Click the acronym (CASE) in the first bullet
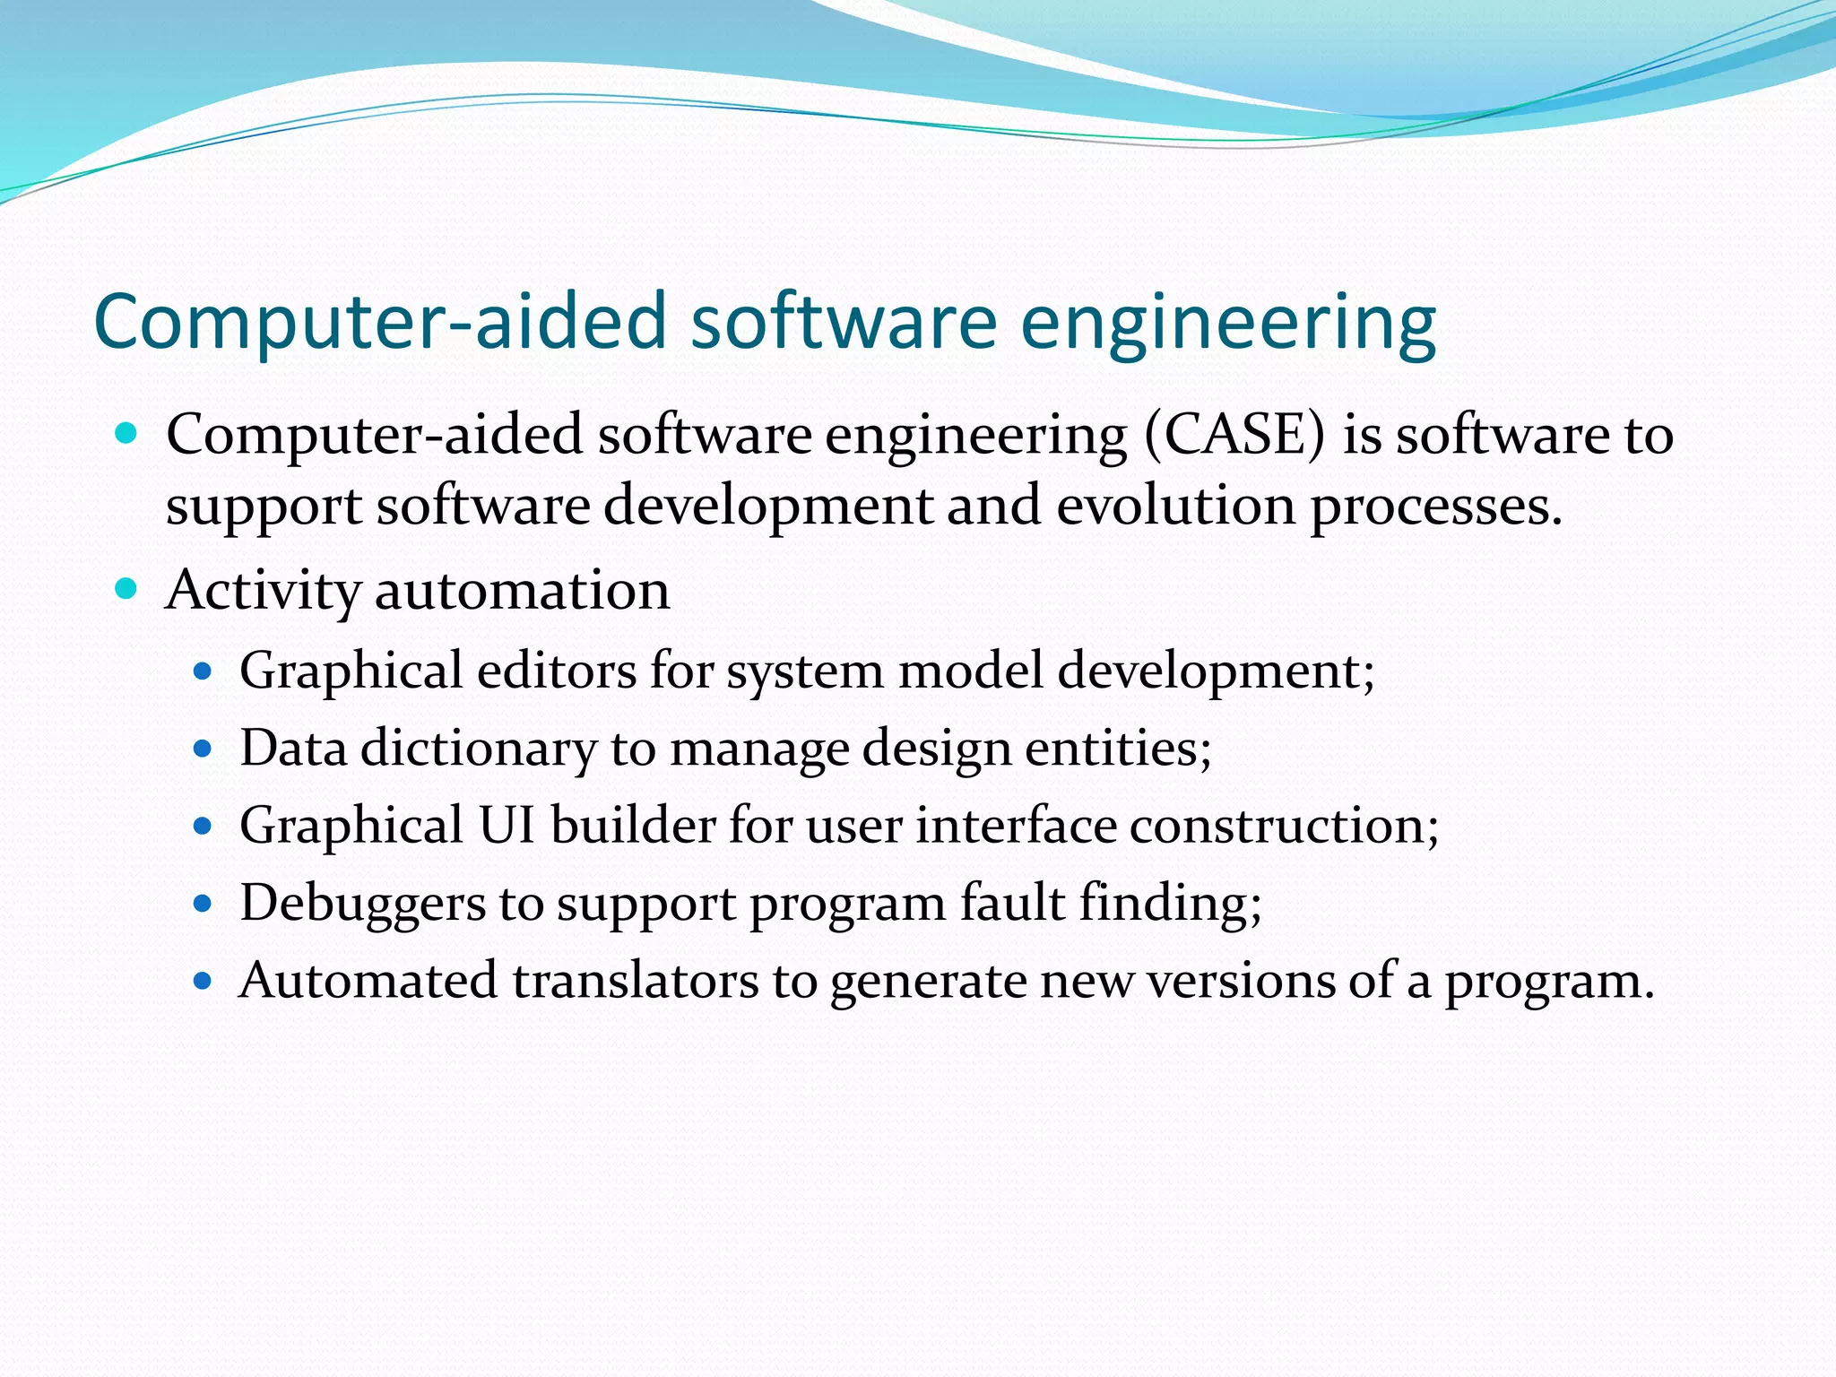[x=1234, y=437]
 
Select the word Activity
[x=264, y=592]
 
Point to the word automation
[x=522, y=592]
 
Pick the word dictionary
[x=478, y=749]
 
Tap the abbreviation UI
[x=507, y=826]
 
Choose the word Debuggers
[x=362, y=904]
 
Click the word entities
[x=1118, y=749]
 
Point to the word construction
[x=1284, y=826]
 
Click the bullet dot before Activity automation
[x=126, y=589]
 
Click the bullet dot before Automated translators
[x=203, y=980]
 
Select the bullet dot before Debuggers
[x=203, y=903]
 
